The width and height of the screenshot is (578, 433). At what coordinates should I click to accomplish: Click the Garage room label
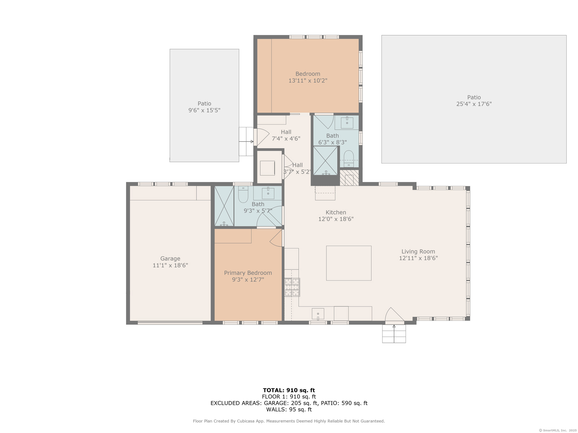pyautogui.click(x=170, y=258)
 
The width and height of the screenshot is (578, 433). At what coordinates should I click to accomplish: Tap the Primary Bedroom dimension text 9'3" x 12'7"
pyautogui.click(x=248, y=279)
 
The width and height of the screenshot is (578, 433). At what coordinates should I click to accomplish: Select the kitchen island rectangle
pyautogui.click(x=349, y=263)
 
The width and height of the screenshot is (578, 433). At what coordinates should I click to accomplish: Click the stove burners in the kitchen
pyautogui.click(x=292, y=287)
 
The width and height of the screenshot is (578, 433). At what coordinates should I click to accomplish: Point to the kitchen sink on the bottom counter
pyautogui.click(x=318, y=314)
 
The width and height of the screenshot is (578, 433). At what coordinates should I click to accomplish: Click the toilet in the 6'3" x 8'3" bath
pyautogui.click(x=349, y=158)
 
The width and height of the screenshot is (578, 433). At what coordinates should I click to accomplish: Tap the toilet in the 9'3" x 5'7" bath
pyautogui.click(x=243, y=194)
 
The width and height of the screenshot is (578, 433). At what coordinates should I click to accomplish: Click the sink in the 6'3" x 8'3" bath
pyautogui.click(x=347, y=123)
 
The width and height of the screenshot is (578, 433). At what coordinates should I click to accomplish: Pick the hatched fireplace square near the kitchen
pyautogui.click(x=349, y=178)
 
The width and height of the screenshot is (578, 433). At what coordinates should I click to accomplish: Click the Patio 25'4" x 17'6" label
pyautogui.click(x=474, y=100)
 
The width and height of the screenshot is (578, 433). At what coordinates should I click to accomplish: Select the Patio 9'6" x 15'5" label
pyautogui.click(x=204, y=107)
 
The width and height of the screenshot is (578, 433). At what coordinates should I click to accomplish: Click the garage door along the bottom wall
pyautogui.click(x=170, y=323)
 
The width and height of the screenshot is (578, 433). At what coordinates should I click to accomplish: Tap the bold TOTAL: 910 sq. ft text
pyautogui.click(x=289, y=390)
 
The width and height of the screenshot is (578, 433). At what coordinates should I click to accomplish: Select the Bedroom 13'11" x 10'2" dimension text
pyautogui.click(x=307, y=81)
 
